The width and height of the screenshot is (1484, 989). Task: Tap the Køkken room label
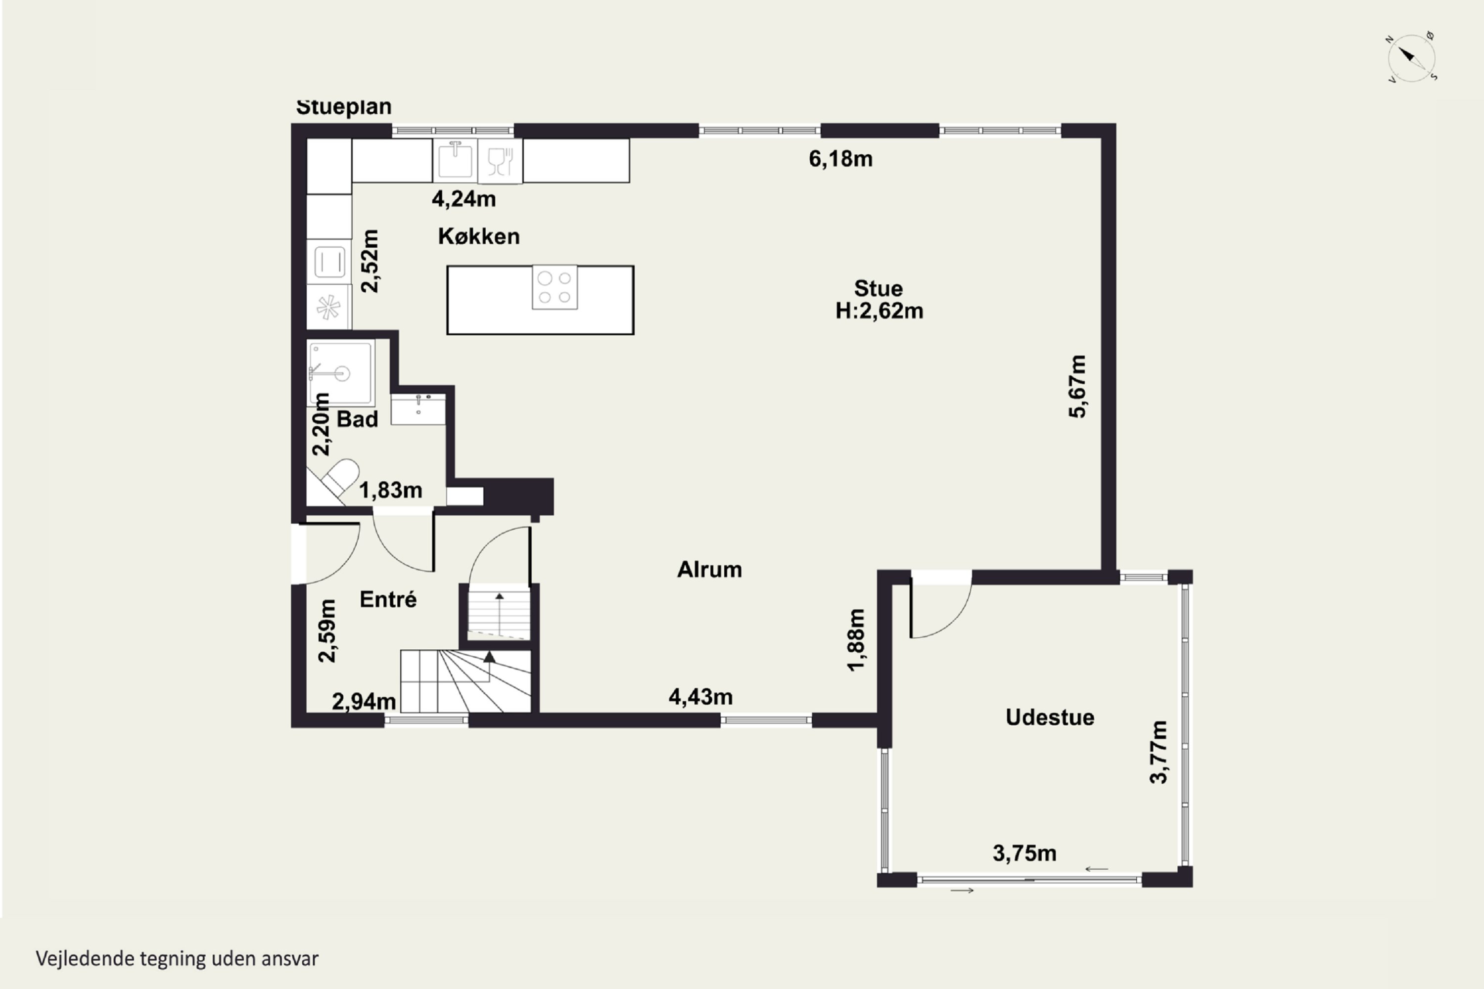[479, 236]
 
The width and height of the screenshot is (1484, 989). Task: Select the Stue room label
[879, 288]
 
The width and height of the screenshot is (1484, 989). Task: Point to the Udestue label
[1050, 717]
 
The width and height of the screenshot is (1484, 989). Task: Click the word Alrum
[709, 570]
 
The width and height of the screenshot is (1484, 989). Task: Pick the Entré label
[388, 599]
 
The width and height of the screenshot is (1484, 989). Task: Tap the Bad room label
[357, 419]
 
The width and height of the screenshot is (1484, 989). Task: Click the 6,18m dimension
[840, 159]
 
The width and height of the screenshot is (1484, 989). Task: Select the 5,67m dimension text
[1078, 386]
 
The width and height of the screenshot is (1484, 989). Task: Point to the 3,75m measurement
[1024, 854]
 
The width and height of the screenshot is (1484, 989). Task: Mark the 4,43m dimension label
[700, 697]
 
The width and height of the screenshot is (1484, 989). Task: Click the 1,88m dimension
[856, 640]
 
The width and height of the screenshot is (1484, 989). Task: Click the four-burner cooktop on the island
[555, 287]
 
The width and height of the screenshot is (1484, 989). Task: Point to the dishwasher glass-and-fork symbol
[500, 161]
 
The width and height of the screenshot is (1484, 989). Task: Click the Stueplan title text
[344, 107]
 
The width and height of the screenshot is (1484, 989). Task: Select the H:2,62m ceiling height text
[880, 311]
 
